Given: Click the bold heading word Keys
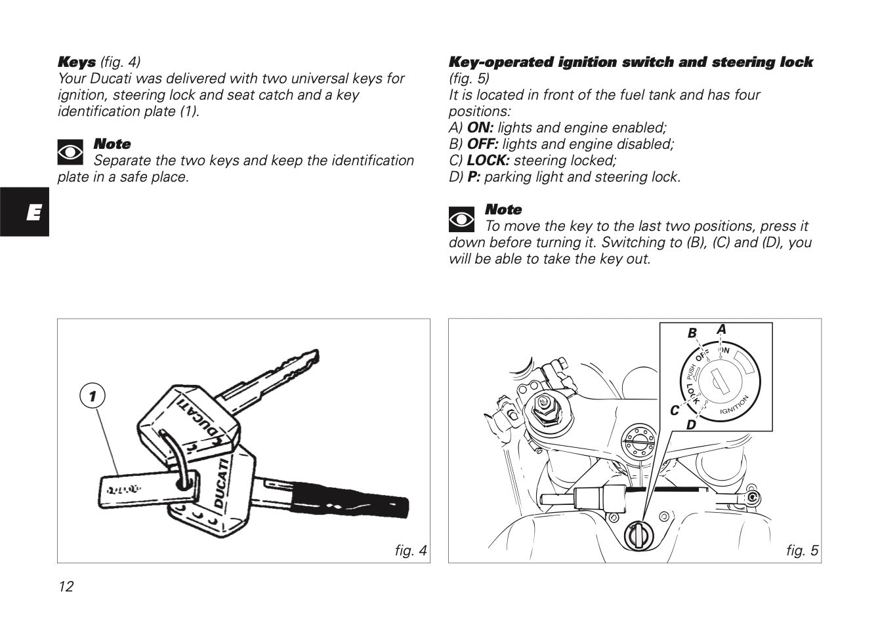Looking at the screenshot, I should (x=77, y=62).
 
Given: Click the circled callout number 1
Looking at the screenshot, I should (x=93, y=396).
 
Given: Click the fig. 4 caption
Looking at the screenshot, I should (x=411, y=550).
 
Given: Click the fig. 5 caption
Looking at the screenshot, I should (x=802, y=550).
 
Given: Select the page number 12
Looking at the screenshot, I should (x=66, y=586).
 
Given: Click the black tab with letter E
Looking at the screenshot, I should (x=24, y=212).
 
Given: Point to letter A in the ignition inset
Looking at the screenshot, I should (x=722, y=329).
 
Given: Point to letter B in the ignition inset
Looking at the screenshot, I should (x=692, y=334).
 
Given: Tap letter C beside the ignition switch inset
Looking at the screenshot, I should (x=674, y=410).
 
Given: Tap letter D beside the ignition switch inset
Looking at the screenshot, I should (x=690, y=425).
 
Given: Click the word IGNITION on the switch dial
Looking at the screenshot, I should (x=734, y=406).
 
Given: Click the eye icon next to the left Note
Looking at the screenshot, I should (x=70, y=153).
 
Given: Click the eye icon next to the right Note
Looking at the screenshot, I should (x=461, y=218).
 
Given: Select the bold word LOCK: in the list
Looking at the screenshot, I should (x=488, y=161).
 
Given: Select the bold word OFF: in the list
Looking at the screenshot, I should (x=483, y=144).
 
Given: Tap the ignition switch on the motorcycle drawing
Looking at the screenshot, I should (x=636, y=534).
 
